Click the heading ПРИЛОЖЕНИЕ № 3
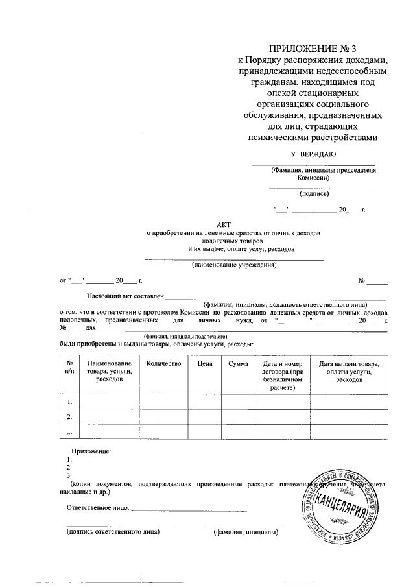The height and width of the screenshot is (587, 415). tap(313, 48)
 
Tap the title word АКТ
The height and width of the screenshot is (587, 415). tap(233, 224)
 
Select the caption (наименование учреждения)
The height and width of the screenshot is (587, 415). tap(233, 265)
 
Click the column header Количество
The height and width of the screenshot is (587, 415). tap(163, 364)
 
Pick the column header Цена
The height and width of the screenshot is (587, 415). tap(205, 364)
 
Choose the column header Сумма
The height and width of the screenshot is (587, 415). tap(238, 364)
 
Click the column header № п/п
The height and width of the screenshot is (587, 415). tap(69, 368)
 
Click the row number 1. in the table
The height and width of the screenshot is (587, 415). tap(69, 402)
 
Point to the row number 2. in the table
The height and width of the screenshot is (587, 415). tap(69, 416)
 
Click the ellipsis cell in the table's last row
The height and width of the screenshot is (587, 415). tap(69, 431)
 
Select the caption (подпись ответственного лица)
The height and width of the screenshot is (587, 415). tap(113, 533)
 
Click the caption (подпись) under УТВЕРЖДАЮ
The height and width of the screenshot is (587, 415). tap(314, 193)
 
